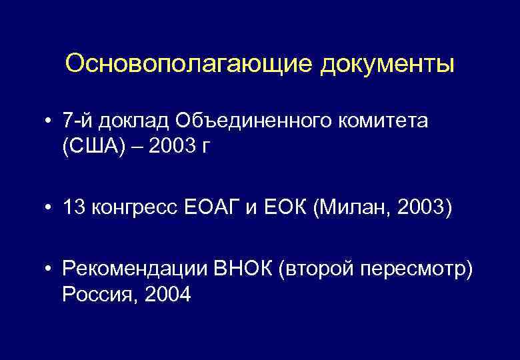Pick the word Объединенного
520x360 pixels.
click(257, 121)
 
